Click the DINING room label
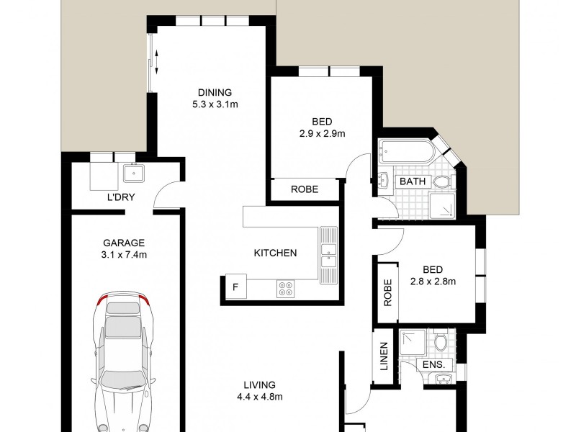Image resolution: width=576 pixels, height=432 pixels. pos(215,91)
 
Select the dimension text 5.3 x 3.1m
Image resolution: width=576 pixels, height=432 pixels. pos(215,104)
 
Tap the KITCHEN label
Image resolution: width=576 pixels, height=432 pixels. pos(275,253)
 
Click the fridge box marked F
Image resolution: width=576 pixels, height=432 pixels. pos(234,287)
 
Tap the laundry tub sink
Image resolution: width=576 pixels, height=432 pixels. pos(133,173)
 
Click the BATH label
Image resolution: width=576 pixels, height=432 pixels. pos(413,182)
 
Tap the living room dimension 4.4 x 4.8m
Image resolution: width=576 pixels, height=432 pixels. pos(260,397)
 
